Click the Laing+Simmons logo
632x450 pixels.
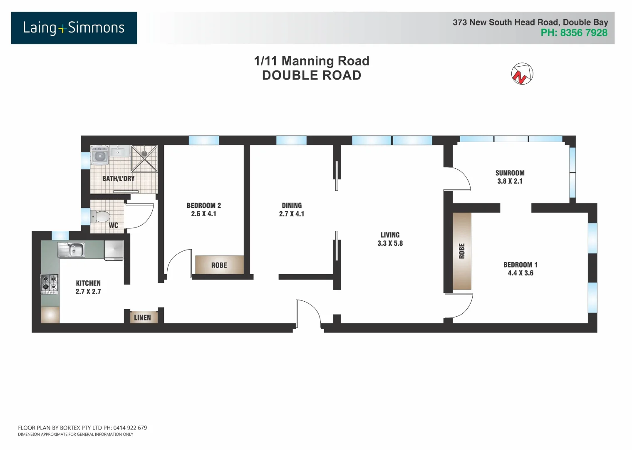[x=74, y=28]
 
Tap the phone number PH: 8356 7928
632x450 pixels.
[x=574, y=33]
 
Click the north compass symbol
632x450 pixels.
[x=522, y=74]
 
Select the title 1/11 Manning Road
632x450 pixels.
[x=312, y=61]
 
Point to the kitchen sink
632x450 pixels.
[x=72, y=250]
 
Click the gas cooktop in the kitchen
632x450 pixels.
[x=50, y=284]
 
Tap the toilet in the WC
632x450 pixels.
[x=101, y=217]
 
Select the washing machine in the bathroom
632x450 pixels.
[x=100, y=156]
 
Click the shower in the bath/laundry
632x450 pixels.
[x=144, y=159]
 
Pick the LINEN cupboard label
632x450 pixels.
[x=142, y=317]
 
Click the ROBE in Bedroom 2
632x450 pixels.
[x=219, y=265]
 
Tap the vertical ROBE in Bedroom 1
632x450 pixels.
[x=462, y=251]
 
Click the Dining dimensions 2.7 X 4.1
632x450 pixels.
[x=292, y=214]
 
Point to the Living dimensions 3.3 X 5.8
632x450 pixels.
[x=390, y=243]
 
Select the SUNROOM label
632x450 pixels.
[x=510, y=173]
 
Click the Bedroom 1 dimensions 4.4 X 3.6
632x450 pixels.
[x=520, y=273]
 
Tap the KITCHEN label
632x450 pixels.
[x=88, y=283]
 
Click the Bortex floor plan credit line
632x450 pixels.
[x=82, y=427]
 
